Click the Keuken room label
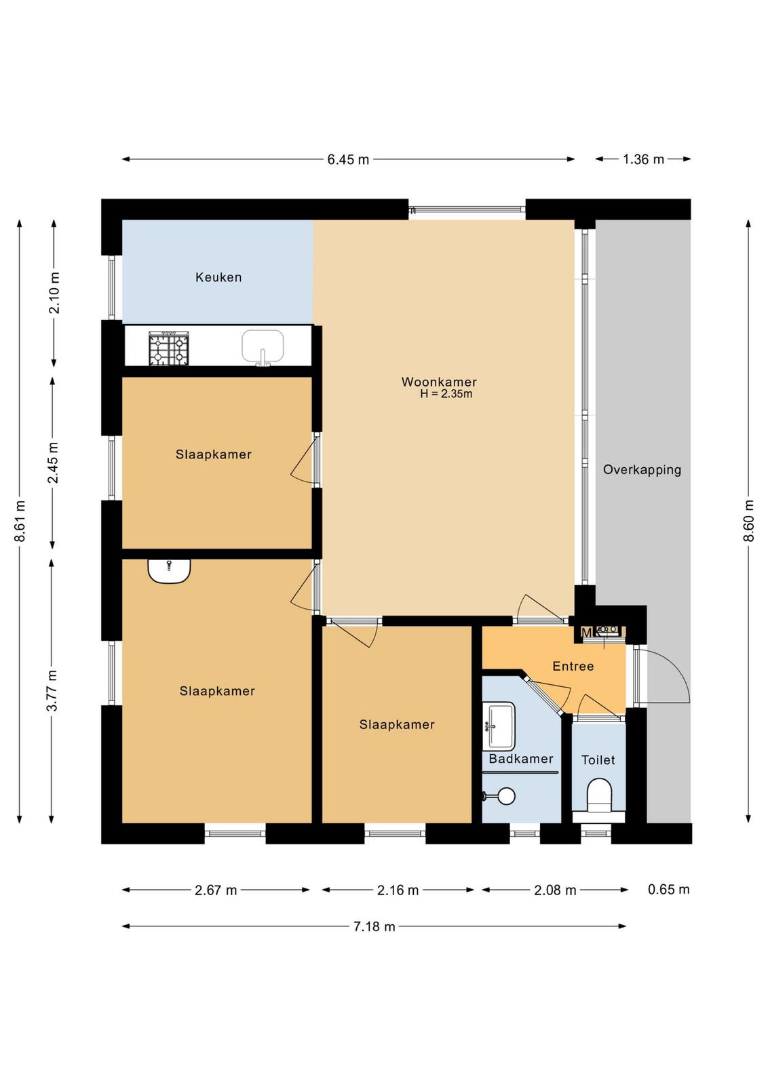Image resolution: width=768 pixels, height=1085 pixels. coord(218,277)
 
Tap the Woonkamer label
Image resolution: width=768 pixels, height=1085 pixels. coord(439,382)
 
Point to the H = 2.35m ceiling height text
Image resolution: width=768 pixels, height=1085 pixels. coord(446,394)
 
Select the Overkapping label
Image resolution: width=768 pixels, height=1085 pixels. coord(642,470)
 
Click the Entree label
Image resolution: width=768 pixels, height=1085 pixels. coord(573,666)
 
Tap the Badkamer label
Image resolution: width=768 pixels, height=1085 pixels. coord(521,759)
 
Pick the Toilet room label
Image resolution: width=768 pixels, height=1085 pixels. coord(598,760)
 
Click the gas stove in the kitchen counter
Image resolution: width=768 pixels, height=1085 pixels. coord(169,349)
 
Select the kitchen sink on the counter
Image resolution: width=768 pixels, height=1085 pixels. coord(263,347)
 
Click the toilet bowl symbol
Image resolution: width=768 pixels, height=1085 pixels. coord(599,797)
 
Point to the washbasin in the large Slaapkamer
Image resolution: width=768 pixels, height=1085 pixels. coord(169,571)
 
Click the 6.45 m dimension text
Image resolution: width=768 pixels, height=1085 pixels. coord(348,159)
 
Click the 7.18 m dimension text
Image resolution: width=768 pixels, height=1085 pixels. coord(374,926)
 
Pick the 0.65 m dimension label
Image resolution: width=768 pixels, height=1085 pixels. coord(669,889)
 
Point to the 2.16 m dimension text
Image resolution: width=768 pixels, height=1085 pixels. coord(398,890)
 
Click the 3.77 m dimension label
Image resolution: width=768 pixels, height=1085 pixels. coord(52,690)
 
